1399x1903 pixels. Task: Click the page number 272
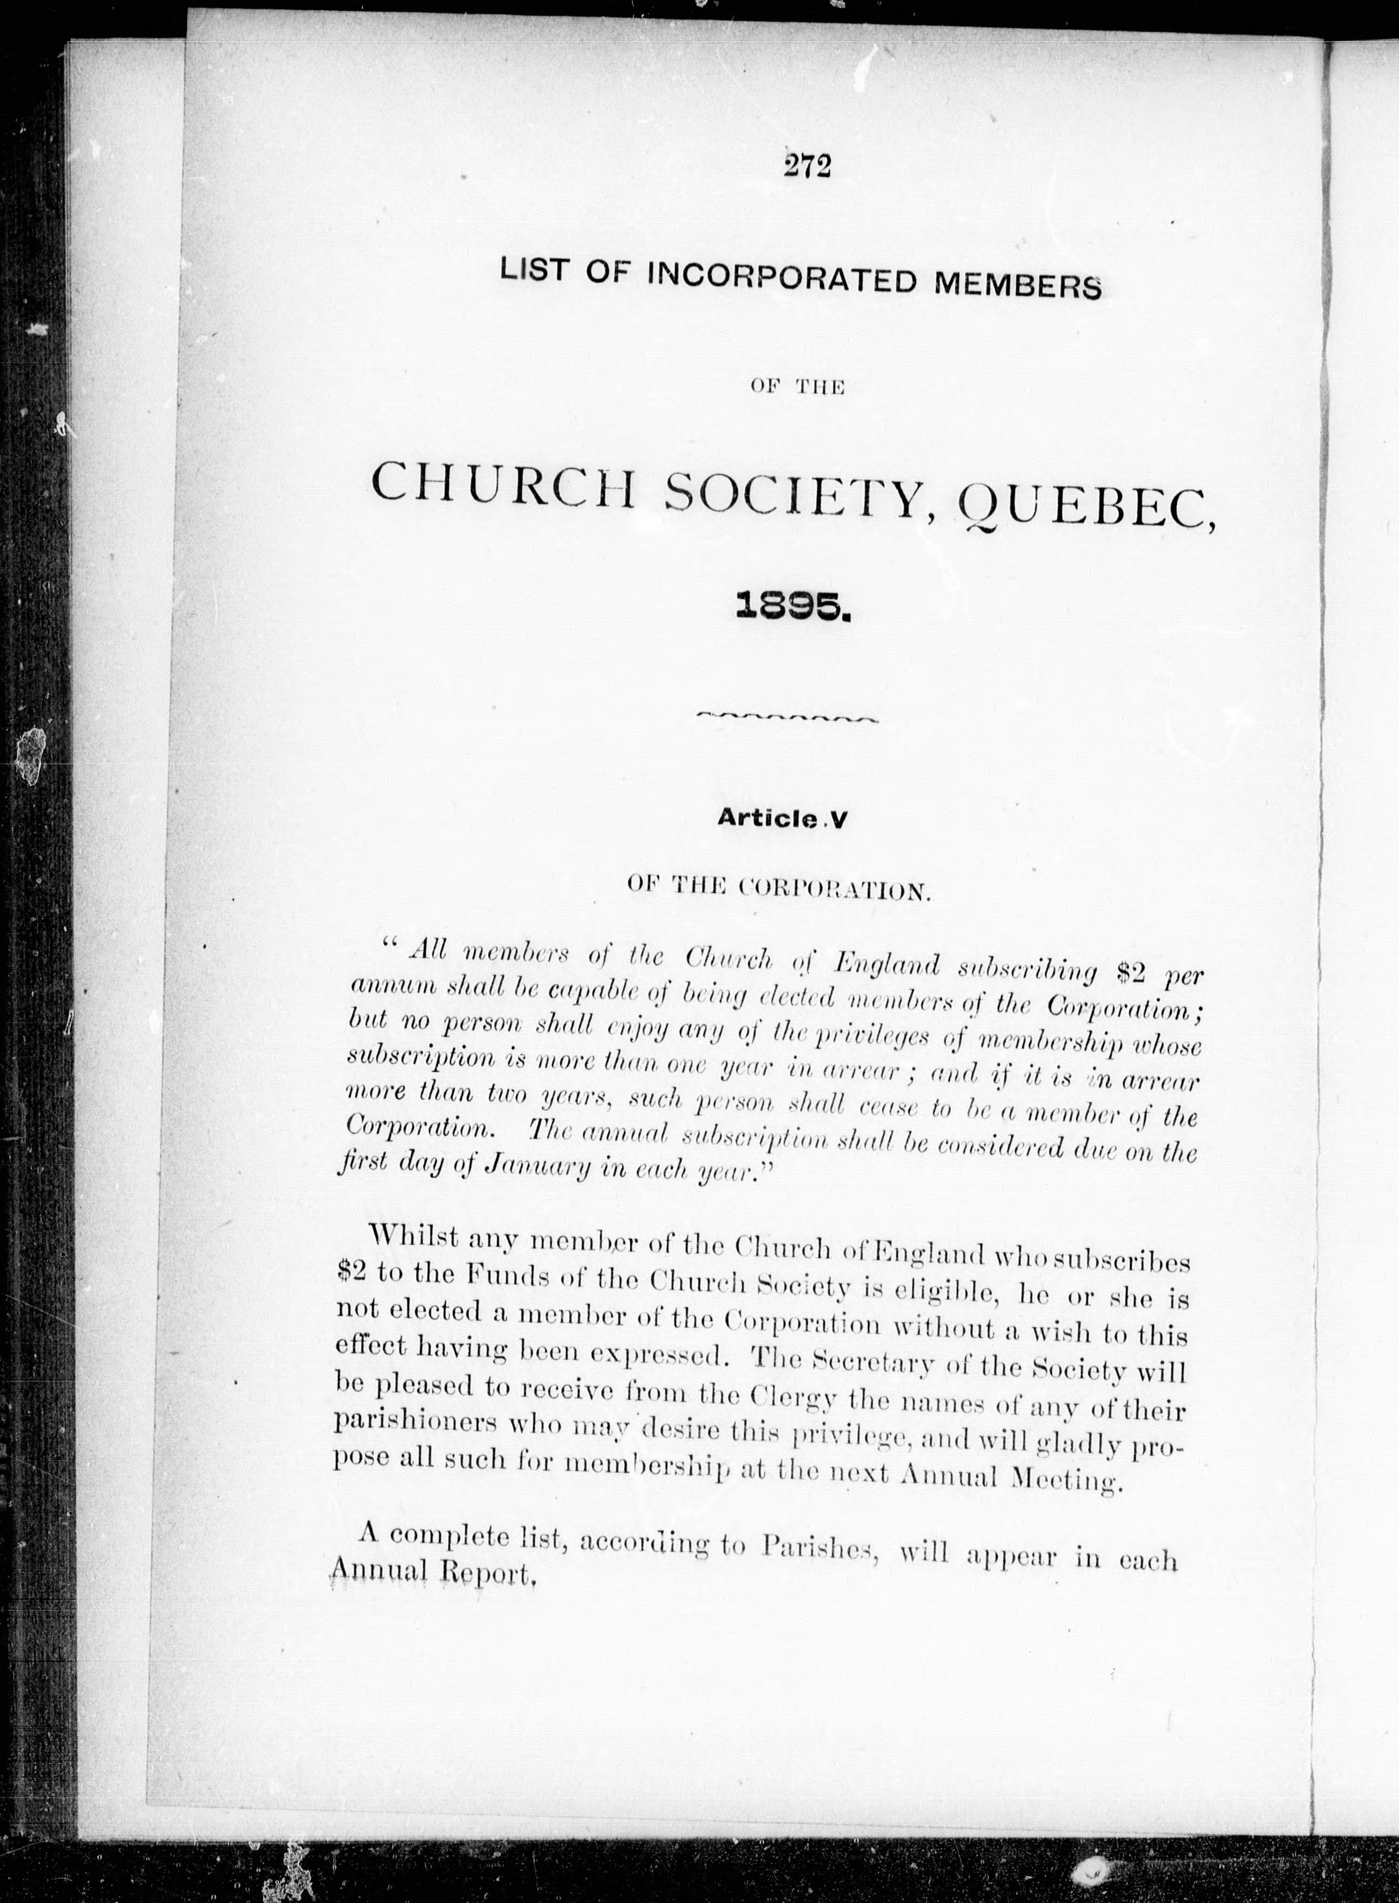coord(808,166)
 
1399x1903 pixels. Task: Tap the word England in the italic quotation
coord(887,964)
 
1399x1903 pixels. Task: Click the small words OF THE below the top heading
coord(797,388)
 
